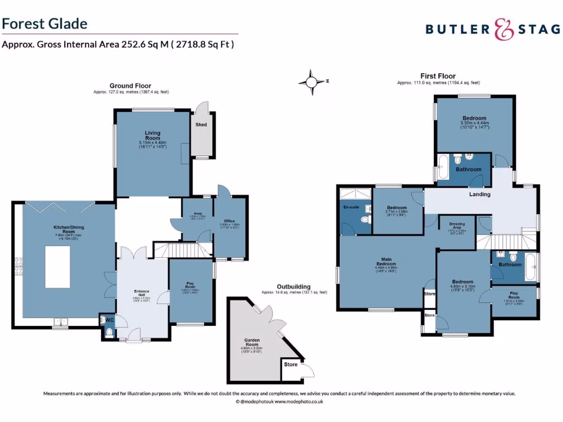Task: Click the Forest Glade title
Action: click(45, 24)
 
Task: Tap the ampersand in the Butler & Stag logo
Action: click(501, 29)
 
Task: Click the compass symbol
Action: click(312, 82)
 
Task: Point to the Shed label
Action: click(201, 125)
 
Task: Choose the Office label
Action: click(229, 221)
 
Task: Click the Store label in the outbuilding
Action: click(290, 364)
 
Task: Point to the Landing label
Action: click(479, 194)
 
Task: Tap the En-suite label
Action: click(351, 208)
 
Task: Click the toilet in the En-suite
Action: click(365, 220)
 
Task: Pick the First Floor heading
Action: click(438, 76)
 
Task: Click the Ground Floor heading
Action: click(130, 86)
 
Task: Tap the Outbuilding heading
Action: click(294, 286)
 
